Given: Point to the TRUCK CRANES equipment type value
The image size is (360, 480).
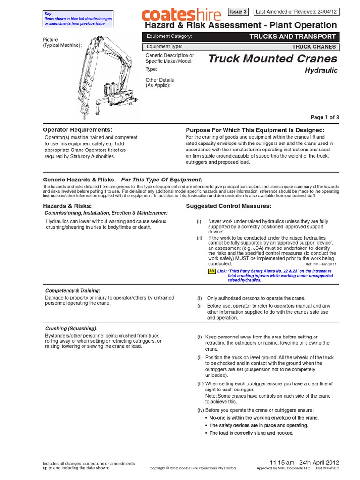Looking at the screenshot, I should pyautogui.click(x=314, y=47).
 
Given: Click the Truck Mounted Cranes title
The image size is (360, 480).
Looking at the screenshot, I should pyautogui.click(x=272, y=59).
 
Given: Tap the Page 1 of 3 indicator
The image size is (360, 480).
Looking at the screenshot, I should pyautogui.click(x=324, y=117).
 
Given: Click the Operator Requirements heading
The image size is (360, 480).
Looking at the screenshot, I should pyautogui.click(x=77, y=129).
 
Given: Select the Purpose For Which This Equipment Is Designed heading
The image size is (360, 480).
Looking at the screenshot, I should pyautogui.click(x=255, y=130).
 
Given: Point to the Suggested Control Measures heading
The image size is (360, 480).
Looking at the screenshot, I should pyautogui.click(x=229, y=206).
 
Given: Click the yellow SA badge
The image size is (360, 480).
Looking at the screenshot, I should pyautogui.click(x=211, y=271).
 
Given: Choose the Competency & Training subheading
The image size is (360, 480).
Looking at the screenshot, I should pyautogui.click(x=72, y=291).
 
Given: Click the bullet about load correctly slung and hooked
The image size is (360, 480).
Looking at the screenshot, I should pyautogui.click(x=251, y=433).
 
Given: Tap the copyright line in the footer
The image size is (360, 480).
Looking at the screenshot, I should pyautogui.click(x=193, y=468).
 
